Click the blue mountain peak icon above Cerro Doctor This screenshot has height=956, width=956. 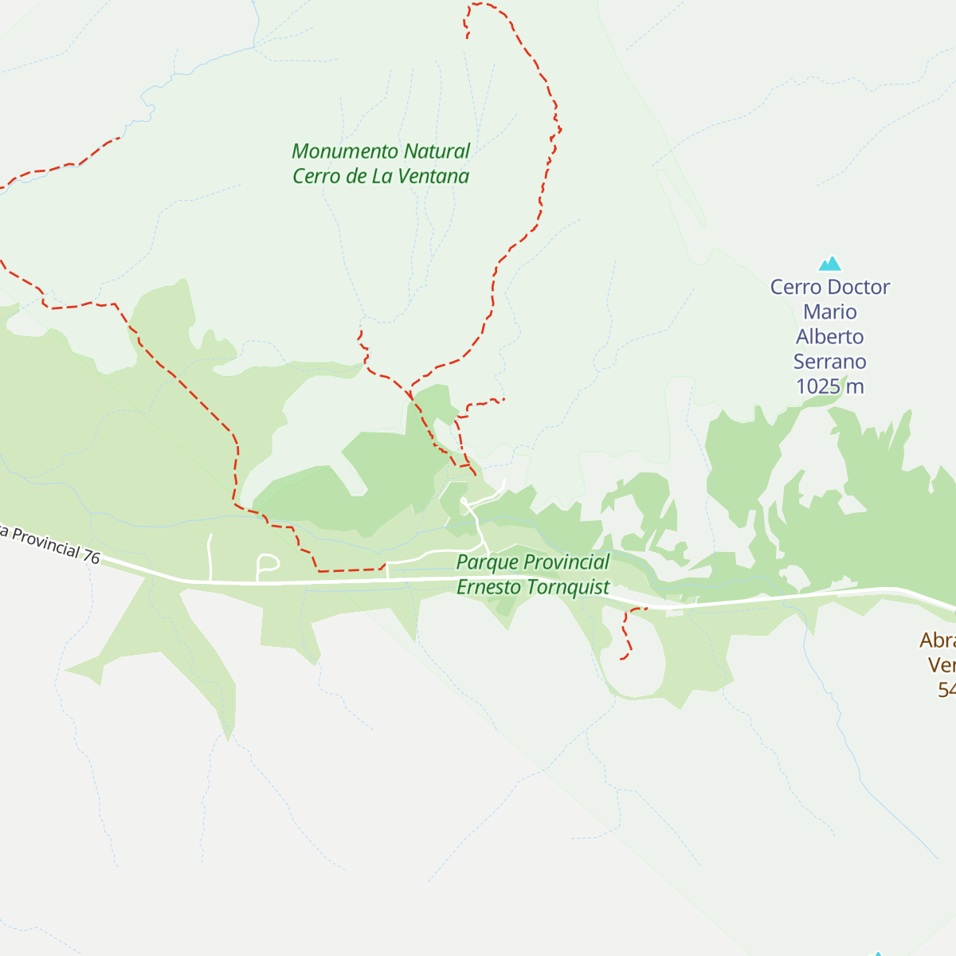830,264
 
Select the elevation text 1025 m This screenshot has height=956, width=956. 829,386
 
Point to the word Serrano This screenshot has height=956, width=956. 829,362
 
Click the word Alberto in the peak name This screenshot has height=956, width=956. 829,337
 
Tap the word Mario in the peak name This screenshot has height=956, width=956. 829,312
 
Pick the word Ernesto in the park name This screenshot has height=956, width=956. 485,588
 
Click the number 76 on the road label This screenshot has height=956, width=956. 92,557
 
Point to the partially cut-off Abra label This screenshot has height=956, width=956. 937,641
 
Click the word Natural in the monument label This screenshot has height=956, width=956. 437,151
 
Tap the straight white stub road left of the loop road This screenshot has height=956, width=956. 210,557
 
